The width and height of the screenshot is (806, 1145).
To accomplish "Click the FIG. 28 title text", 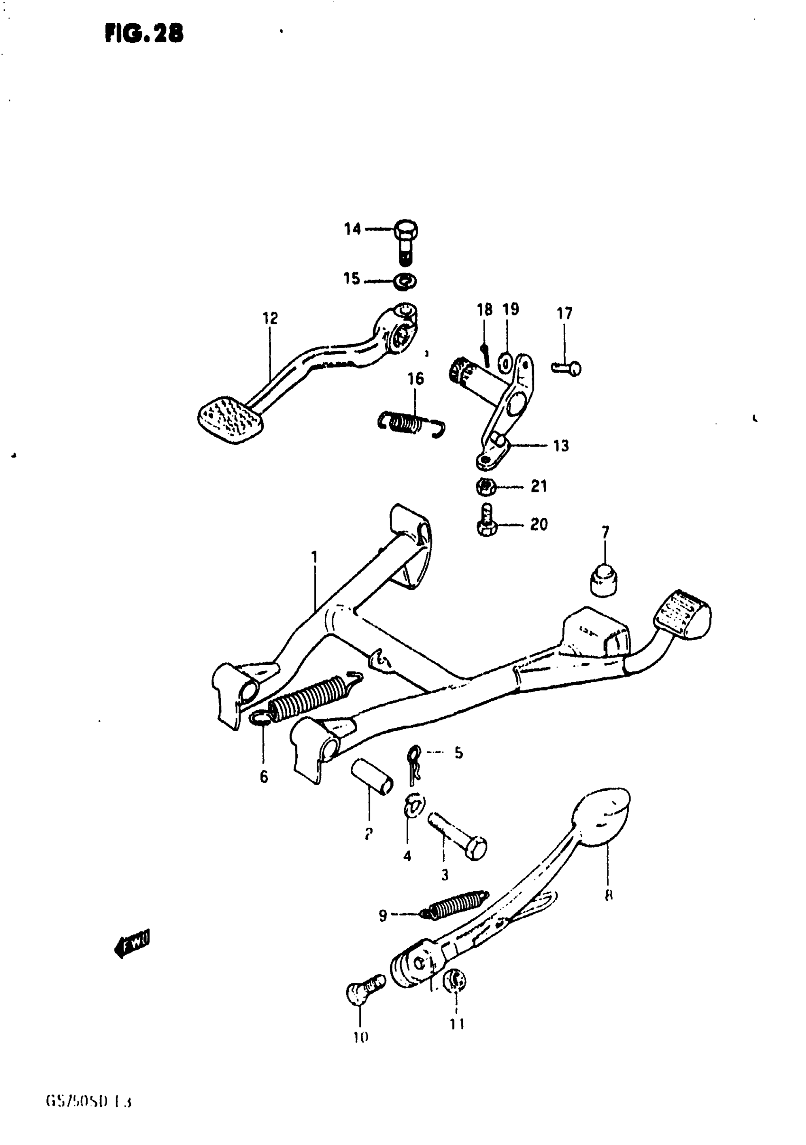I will click(144, 34).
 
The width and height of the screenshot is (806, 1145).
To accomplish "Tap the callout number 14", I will click(352, 229).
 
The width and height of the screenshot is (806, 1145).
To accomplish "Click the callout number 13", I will click(561, 445).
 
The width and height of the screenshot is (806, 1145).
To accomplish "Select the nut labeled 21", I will click(485, 486).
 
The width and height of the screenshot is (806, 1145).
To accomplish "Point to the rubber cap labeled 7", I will click(604, 579).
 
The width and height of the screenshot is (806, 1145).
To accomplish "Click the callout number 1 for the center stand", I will click(314, 557).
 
